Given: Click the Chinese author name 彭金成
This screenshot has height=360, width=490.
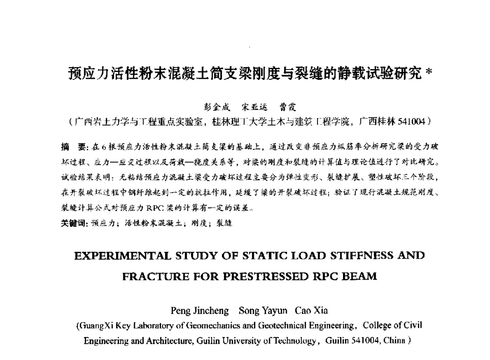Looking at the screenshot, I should (217, 107).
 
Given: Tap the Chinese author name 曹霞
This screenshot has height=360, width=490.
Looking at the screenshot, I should (288, 107).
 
